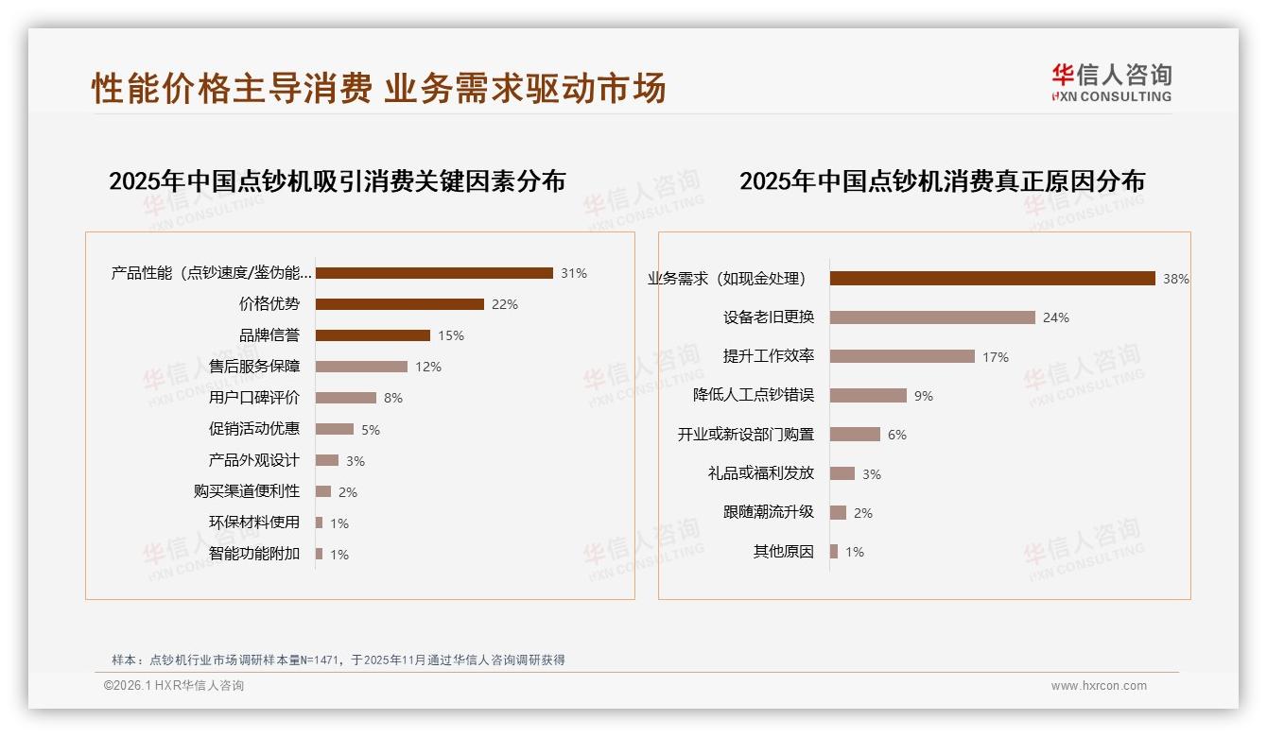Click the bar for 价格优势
[x=399, y=304]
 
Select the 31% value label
[x=573, y=273]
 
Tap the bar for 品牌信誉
[x=373, y=335]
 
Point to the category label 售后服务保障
[x=254, y=367]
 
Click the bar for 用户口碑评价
[x=345, y=398]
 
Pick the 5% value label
[x=370, y=430]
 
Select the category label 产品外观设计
[x=254, y=460]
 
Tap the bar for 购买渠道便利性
[x=323, y=491]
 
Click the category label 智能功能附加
[x=254, y=554]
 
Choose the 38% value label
[x=1175, y=279]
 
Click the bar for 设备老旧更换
[x=932, y=317]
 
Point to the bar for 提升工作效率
[x=902, y=356]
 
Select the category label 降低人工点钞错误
[x=754, y=395]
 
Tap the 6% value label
[x=896, y=435]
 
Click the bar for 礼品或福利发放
[x=842, y=473]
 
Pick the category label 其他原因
[x=784, y=552]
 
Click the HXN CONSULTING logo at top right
[x=1111, y=82]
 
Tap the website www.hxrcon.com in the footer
[x=1099, y=686]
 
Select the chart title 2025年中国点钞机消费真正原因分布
[x=942, y=180]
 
